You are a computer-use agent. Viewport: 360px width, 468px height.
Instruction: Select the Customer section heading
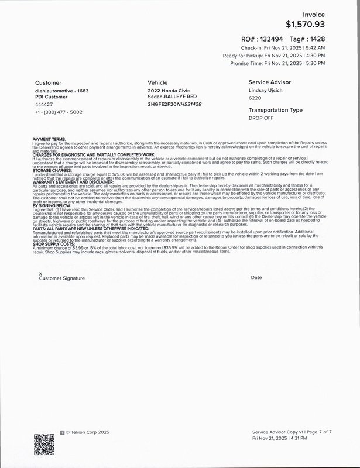48,83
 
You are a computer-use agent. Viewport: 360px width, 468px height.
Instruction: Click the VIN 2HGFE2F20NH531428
174,104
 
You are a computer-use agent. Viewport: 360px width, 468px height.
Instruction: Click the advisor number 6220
255,98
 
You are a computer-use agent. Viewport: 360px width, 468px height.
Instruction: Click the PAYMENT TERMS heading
49,139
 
